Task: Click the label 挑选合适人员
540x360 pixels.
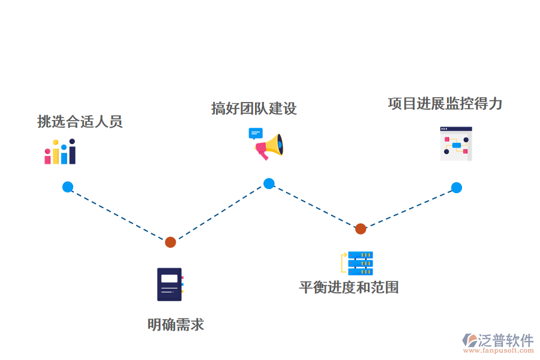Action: (80, 122)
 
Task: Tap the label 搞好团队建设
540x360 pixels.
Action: (254, 109)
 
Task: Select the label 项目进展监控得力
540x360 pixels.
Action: (445, 104)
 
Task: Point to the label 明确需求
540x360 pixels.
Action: (176, 325)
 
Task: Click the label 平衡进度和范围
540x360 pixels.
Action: (349, 287)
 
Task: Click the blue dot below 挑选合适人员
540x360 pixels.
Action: (68, 187)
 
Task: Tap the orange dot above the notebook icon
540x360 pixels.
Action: (170, 242)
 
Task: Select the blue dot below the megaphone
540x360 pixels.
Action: (269, 184)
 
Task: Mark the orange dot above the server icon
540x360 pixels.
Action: (360, 229)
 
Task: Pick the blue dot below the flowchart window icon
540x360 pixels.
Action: (457, 188)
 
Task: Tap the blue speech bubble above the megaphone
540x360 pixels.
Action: (256, 133)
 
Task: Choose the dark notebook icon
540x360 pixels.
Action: (169, 284)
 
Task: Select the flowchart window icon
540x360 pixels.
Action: (456, 144)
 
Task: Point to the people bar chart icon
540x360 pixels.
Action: (60, 152)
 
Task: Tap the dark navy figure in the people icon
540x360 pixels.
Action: (72, 152)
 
